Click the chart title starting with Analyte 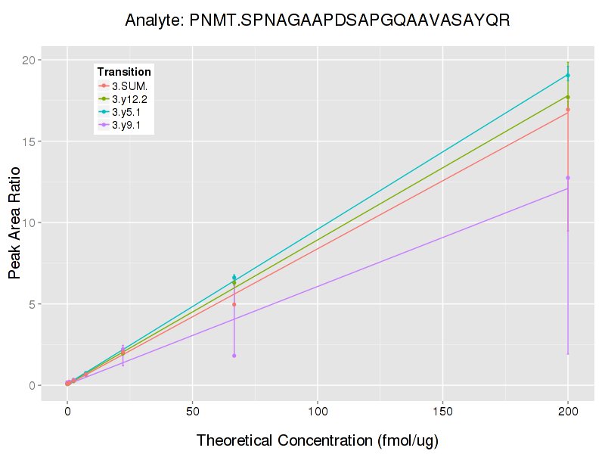pos(318,20)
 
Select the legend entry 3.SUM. pos(129,86)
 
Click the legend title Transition pos(124,72)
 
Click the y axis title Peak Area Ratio pos(14,222)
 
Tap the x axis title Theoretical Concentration pos(318,440)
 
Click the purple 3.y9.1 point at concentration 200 pos(568,178)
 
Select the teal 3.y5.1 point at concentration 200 pos(568,76)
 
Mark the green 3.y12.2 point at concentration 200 pos(568,97)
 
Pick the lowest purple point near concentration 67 pos(234,356)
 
